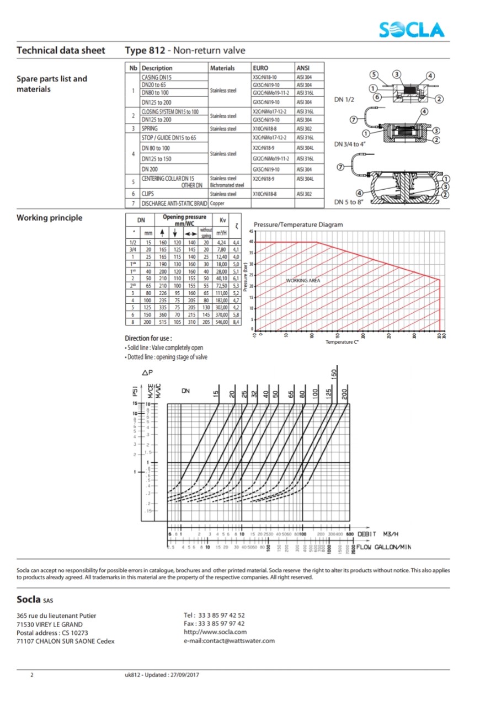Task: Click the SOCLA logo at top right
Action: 411,29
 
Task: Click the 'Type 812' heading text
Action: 145,51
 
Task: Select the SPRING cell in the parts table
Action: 150,129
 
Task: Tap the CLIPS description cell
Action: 148,194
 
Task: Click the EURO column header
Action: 261,68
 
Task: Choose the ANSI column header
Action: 303,68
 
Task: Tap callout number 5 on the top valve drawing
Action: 374,74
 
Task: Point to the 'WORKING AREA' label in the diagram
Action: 303,281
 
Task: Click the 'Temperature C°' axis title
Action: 342,343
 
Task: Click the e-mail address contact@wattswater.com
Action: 229,640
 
